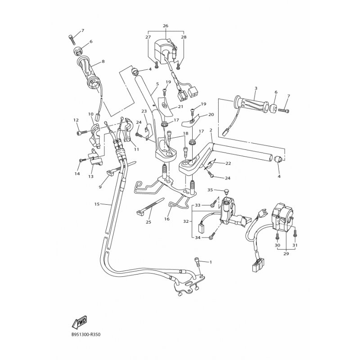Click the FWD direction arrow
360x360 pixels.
click(x=79, y=322)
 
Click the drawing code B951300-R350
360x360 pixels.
click(x=86, y=334)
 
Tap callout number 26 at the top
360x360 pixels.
click(x=166, y=26)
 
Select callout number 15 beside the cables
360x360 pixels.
click(x=97, y=204)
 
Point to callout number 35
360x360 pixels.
click(x=210, y=190)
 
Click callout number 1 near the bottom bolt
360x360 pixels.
click(x=211, y=262)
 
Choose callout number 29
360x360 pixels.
click(x=286, y=254)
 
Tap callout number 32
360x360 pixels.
click(x=186, y=221)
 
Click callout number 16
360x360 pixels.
click(x=167, y=219)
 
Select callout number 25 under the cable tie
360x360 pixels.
click(x=148, y=222)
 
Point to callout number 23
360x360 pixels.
click(x=144, y=111)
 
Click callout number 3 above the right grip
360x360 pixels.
click(x=256, y=88)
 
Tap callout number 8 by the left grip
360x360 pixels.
click(x=103, y=61)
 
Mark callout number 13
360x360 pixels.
click(x=91, y=176)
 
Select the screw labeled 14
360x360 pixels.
click(x=83, y=160)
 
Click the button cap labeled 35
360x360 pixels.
click(x=225, y=190)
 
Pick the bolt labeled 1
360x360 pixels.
click(x=198, y=262)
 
